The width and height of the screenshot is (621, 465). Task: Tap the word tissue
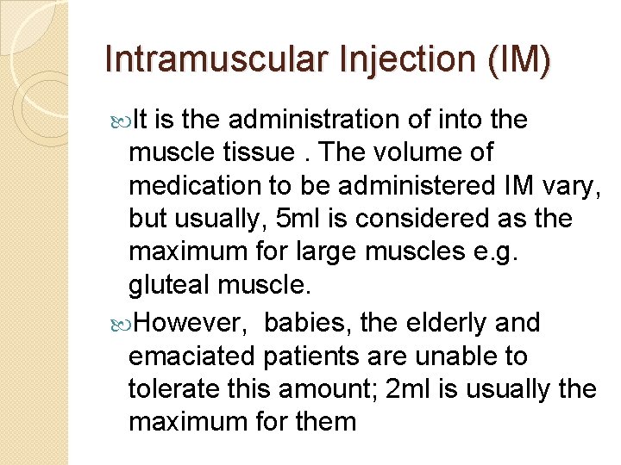[256, 152]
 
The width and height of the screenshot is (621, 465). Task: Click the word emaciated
[191, 356]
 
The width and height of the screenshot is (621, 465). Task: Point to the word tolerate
[172, 389]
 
